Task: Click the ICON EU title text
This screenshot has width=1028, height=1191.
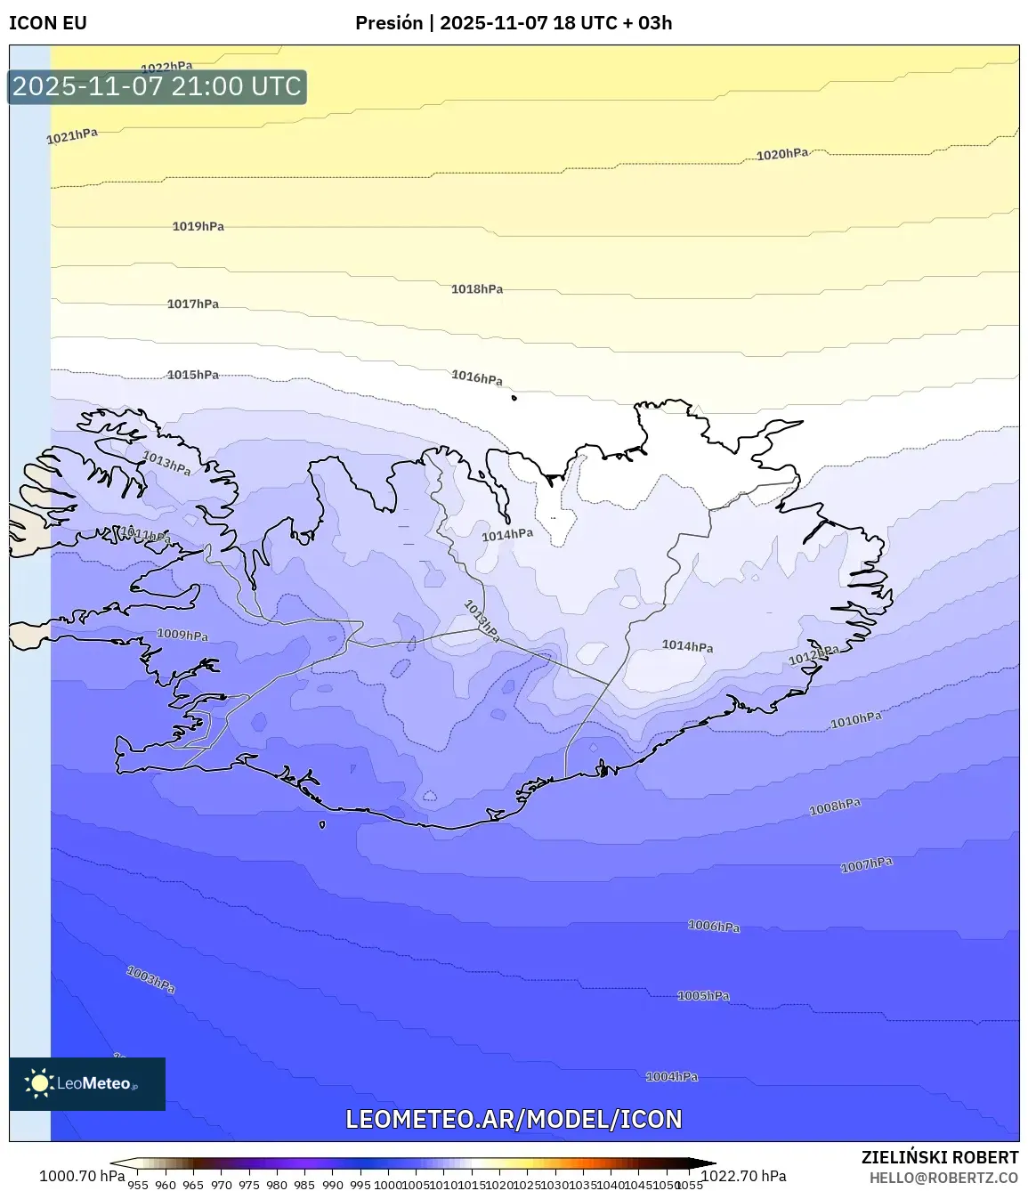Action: coord(48,23)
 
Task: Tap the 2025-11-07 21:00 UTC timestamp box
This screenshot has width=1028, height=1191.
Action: coord(157,86)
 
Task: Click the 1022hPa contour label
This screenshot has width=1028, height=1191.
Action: coord(166,67)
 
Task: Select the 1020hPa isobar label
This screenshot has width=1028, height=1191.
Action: coord(782,154)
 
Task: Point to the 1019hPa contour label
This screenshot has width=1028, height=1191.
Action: coord(198,226)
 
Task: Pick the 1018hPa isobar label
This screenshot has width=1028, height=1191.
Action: coord(476,288)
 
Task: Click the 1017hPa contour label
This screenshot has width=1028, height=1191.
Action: coord(192,304)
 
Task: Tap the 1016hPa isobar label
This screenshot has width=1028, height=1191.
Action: coord(476,377)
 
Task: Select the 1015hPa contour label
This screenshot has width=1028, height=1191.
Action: coord(192,375)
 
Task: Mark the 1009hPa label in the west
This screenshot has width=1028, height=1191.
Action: coord(182,635)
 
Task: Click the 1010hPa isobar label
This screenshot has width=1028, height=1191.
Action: coord(855,719)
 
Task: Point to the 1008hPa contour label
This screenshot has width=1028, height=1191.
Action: coord(834,807)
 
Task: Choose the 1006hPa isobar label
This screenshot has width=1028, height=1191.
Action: coord(713,926)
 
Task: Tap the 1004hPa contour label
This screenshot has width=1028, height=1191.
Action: coord(671,1076)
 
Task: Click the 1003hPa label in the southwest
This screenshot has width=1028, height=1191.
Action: coord(150,979)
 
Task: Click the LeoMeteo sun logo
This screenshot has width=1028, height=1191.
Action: coord(39,1083)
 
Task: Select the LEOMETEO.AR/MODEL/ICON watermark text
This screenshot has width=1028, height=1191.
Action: coord(514,1119)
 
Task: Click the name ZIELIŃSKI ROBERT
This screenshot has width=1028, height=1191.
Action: coord(939,1157)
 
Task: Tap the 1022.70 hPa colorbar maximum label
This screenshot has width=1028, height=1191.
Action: coord(743,1176)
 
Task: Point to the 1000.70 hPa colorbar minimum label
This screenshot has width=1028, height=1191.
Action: coord(82,1176)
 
